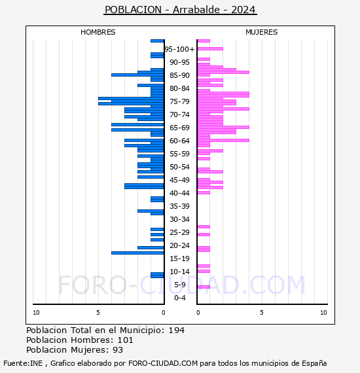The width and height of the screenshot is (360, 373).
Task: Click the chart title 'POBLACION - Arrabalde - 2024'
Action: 180,10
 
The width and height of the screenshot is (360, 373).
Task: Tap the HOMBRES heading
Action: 98,32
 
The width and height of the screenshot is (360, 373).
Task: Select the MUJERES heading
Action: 262,32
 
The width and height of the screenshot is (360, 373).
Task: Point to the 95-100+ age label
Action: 179,49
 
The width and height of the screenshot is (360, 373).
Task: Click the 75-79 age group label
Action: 179,101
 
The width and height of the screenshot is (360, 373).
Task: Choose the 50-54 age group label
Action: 179,167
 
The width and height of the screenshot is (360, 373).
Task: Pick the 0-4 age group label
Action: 179,298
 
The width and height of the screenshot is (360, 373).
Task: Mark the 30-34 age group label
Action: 179,219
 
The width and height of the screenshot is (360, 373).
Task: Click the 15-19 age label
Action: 179,258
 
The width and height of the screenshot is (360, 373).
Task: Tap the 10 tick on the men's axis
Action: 36,313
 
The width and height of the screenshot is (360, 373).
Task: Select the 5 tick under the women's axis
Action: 262,313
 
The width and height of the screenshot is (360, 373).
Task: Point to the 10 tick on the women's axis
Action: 323,313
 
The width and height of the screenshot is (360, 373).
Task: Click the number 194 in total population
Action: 177,330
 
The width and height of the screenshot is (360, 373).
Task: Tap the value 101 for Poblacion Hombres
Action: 126,340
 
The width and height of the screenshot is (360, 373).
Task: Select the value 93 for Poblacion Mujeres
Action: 118,350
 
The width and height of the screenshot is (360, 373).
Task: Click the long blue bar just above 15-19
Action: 137,253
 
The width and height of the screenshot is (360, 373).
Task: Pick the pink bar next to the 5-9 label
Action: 204,287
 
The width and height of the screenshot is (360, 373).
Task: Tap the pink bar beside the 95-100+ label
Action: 210,49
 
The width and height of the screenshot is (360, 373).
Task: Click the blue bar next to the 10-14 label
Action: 157,275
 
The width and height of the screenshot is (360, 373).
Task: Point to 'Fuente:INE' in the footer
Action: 23,363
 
